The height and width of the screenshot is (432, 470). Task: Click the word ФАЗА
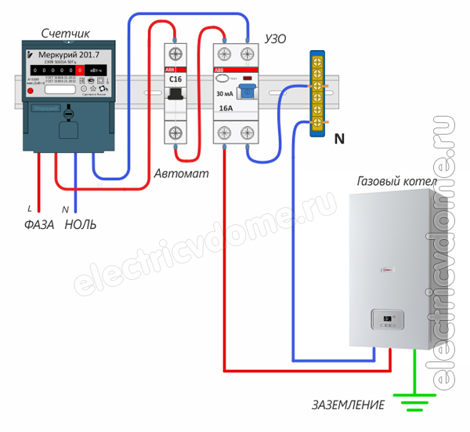(37, 225)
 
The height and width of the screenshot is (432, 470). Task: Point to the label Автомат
(182, 173)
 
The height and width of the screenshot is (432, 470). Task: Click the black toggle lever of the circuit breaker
(177, 96)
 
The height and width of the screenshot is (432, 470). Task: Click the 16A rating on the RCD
(226, 111)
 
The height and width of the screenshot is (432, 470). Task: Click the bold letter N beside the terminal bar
(338, 140)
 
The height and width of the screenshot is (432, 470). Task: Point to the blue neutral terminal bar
(319, 94)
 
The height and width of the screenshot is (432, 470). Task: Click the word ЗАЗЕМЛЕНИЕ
(348, 405)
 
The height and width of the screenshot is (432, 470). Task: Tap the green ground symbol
(413, 401)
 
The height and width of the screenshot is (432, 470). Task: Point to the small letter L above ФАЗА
(29, 209)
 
